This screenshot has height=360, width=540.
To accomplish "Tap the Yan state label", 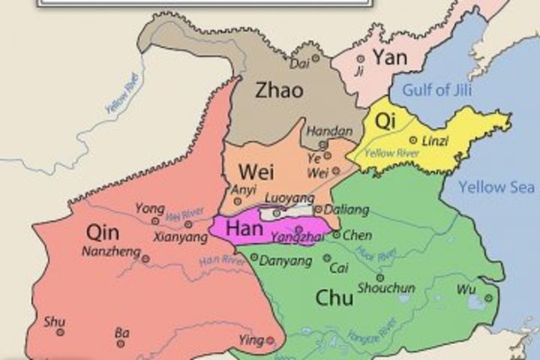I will tap(390, 57).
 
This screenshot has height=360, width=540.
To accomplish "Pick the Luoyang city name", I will tap(283, 198).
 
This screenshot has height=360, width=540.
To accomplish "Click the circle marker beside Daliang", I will tap(317, 209).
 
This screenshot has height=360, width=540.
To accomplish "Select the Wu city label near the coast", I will tap(467, 288).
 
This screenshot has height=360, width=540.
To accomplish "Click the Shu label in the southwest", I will tap(54, 320).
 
